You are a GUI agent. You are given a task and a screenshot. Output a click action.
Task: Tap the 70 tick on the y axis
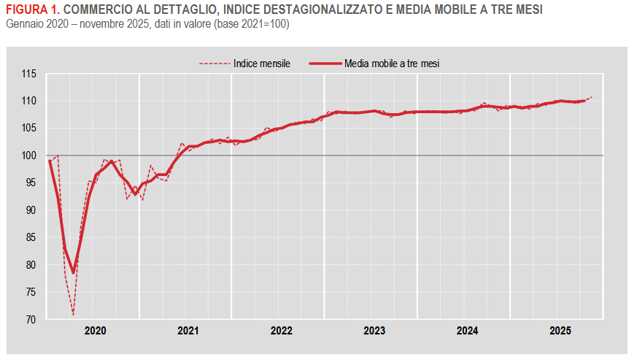click(31, 320)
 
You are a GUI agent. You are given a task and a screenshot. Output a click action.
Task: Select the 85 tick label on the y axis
click(31, 237)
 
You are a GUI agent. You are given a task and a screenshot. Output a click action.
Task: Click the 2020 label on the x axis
click(95, 331)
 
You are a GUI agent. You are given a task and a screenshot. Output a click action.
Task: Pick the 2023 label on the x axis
click(374, 331)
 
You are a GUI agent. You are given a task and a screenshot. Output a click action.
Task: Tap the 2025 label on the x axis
click(560, 331)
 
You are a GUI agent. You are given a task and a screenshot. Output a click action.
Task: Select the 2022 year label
click(281, 331)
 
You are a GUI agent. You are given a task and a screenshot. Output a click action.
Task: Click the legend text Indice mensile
click(262, 64)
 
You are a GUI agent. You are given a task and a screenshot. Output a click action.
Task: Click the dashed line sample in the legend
click(215, 64)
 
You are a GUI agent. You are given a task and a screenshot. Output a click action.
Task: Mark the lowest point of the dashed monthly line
click(73, 315)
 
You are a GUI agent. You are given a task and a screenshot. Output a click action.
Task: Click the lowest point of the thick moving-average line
click(73, 272)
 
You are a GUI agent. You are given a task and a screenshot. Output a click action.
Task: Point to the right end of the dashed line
click(592, 96)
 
